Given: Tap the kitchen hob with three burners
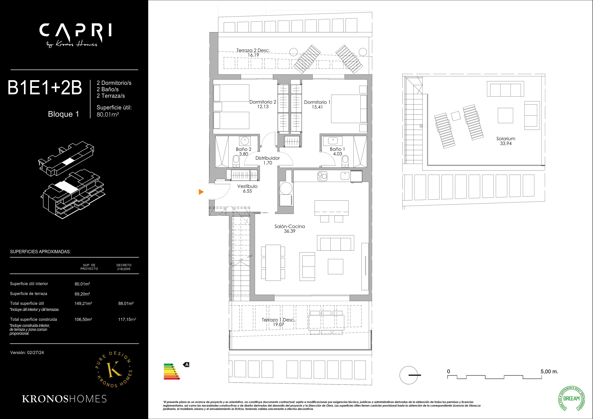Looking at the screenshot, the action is (322, 176).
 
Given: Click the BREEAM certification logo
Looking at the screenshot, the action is (571, 398).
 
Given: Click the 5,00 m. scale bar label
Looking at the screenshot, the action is (549, 371).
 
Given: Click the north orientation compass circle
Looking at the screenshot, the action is (409, 375).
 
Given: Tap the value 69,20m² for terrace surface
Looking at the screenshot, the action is (82, 294).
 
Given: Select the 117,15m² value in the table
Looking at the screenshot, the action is (127, 319).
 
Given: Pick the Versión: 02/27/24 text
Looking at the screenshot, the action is (27, 352).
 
